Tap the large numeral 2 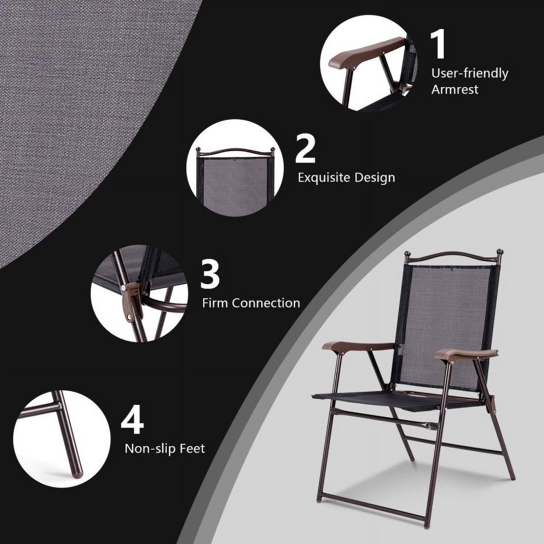[305, 149]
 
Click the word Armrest [455, 89]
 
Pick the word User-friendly [470, 73]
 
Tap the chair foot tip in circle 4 [78, 471]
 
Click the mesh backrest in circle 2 [234, 181]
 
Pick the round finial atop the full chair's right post [500, 252]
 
